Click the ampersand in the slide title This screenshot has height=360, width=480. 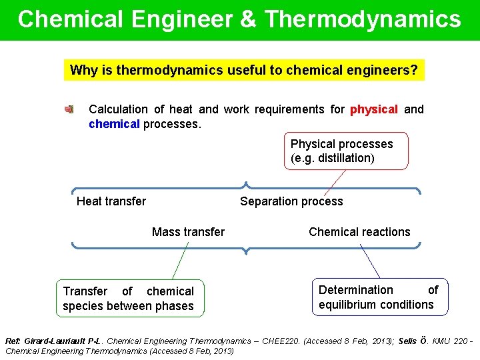tap(247, 19)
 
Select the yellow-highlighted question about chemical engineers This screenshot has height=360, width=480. tap(244, 70)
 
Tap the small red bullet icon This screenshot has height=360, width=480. tap(69, 109)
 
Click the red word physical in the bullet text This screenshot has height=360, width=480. tap(373, 109)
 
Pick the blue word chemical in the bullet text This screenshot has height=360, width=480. tap(114, 124)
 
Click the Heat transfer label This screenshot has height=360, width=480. tap(111, 201)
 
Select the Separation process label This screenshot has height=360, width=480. tap(291, 201)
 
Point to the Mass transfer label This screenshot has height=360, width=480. tap(188, 232)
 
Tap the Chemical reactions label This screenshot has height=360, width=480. tap(359, 232)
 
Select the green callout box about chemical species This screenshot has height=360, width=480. tap(129, 298)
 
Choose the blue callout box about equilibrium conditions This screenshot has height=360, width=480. tap(378, 297)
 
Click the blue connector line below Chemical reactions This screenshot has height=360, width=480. tap(369, 261)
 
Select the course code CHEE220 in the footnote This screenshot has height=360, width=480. tap(281, 341)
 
